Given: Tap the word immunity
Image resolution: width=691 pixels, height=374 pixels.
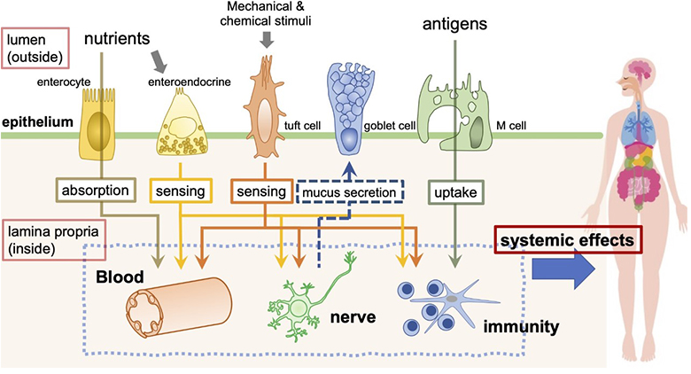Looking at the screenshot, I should click(x=522, y=327).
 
